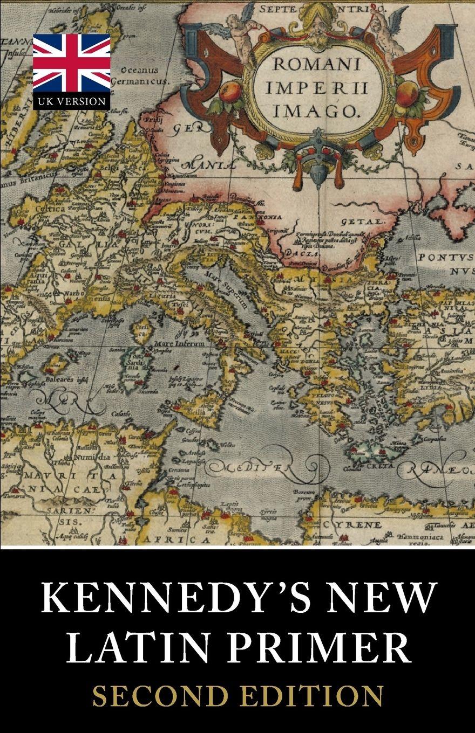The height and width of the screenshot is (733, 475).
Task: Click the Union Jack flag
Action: pos(71,64)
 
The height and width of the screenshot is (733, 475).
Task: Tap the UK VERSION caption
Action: pos(71,101)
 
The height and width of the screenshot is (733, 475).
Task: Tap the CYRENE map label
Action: pos(353,524)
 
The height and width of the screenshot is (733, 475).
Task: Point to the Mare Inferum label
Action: pos(179,343)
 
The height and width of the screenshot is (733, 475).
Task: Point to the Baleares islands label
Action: pos(54,378)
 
